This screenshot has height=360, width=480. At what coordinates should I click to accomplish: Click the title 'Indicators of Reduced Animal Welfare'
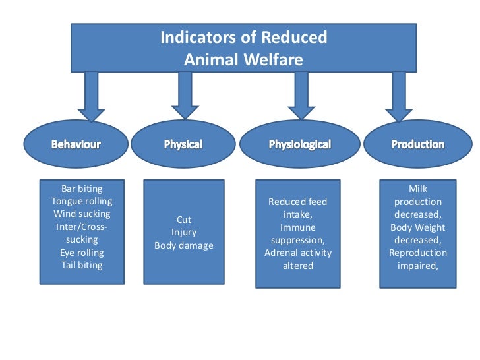[x=243, y=48]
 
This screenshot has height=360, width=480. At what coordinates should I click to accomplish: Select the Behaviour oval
[x=76, y=144]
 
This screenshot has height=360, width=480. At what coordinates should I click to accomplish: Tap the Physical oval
[x=183, y=144]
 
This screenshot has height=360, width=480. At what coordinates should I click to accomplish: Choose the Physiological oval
[x=299, y=144]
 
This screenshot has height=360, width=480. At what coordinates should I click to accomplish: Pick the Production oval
[x=417, y=144]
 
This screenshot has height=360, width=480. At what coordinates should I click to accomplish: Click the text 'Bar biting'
[x=82, y=189]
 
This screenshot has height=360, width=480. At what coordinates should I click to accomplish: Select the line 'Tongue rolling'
[x=82, y=201]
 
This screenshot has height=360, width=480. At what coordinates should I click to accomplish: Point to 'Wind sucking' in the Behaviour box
[x=82, y=214]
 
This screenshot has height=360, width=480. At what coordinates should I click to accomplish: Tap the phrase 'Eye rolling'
[x=82, y=253]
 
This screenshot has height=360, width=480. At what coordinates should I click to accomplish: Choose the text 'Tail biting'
[x=82, y=265]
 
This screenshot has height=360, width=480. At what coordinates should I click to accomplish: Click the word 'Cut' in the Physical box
[x=184, y=220]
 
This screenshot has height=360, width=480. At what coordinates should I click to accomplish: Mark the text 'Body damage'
[x=184, y=245]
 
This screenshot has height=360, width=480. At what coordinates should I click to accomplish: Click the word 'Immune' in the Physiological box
[x=298, y=227]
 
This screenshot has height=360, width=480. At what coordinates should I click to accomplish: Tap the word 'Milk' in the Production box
[x=418, y=189]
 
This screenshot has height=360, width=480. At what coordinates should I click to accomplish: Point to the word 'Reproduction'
[x=418, y=253]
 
